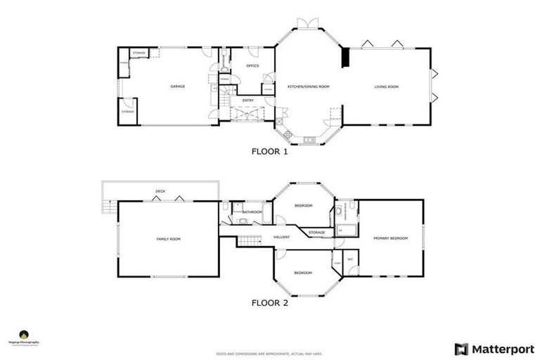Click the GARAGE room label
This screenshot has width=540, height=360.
(x=177, y=86)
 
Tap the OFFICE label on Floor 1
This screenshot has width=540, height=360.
(x=252, y=66)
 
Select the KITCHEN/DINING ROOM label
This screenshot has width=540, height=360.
(x=308, y=86)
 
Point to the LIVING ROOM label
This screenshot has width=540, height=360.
(x=386, y=86)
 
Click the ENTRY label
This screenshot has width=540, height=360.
(x=248, y=101)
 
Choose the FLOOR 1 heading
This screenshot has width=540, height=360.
(x=269, y=150)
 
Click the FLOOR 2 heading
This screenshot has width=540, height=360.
(x=269, y=304)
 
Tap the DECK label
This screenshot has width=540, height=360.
(x=160, y=191)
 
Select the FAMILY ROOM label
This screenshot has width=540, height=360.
(x=168, y=239)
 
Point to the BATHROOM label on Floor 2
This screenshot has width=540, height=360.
(x=252, y=212)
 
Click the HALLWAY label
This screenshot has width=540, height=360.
(x=282, y=237)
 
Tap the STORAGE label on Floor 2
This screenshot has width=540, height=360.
(x=316, y=232)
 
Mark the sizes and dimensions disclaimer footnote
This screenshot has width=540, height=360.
(x=269, y=354)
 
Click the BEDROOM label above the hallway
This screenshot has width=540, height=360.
(x=303, y=205)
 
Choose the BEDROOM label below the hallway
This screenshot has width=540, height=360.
(x=303, y=272)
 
